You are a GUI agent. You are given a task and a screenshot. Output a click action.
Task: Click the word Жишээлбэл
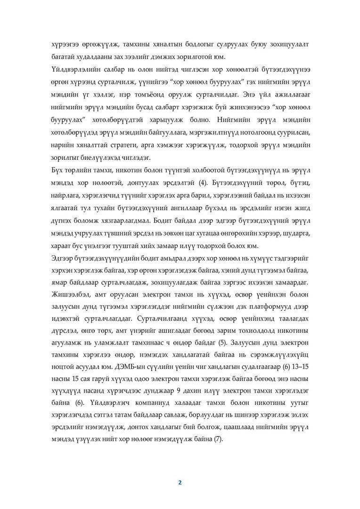70,294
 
